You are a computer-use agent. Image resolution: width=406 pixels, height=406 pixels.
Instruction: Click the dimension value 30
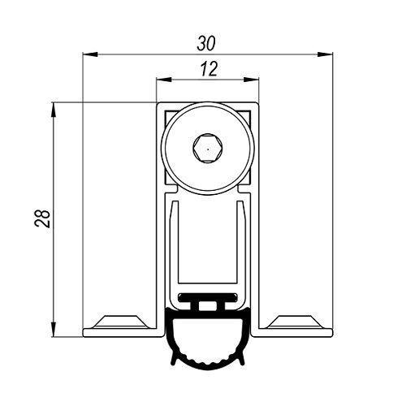pos(206,44)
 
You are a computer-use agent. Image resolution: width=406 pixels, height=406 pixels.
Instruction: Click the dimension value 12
pos(209,69)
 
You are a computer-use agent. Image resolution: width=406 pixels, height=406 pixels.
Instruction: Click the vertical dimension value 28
pos(43,218)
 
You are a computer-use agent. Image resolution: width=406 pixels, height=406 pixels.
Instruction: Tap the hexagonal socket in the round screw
pos(208,149)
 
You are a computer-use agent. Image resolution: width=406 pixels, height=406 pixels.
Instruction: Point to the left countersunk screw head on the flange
pos(121,322)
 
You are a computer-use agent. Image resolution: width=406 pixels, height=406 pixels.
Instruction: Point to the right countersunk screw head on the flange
pos(296,322)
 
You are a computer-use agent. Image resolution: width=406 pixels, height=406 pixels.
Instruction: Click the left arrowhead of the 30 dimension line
pos(90,54)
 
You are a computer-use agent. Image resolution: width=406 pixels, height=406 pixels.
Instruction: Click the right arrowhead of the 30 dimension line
pos(325,54)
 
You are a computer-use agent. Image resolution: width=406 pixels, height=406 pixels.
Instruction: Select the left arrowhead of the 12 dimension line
pos(164,80)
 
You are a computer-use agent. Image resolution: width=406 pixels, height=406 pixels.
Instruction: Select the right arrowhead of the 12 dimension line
pos(251,80)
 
